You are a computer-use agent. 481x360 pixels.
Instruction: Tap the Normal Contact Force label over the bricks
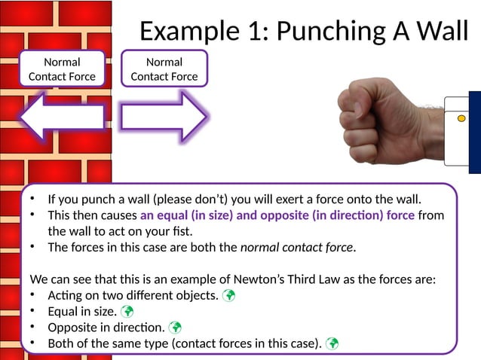(62, 69)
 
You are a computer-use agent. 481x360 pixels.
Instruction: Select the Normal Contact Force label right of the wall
(164, 69)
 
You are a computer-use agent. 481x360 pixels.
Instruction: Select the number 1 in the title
(256, 31)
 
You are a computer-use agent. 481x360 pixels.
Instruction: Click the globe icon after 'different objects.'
(228, 295)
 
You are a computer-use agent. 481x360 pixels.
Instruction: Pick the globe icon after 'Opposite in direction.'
(175, 328)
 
